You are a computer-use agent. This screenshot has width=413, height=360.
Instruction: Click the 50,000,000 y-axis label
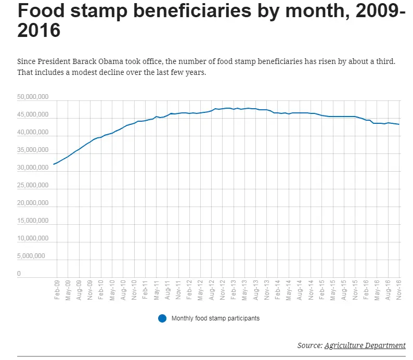pyautogui.click(x=33, y=97)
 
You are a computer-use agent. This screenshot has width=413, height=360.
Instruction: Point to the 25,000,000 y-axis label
pyautogui.click(x=33, y=186)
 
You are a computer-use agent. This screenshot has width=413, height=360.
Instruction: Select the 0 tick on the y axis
pyautogui.click(x=19, y=274)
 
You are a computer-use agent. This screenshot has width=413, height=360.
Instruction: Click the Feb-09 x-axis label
pyautogui.click(x=57, y=289)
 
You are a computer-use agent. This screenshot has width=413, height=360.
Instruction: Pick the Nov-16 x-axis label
pyautogui.click(x=399, y=289)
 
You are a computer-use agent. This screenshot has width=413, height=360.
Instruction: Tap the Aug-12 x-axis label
pyautogui.click(x=212, y=289)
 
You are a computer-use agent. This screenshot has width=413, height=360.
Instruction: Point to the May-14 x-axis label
pyautogui.click(x=289, y=289)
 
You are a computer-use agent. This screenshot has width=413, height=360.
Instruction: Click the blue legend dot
pyautogui.click(x=162, y=318)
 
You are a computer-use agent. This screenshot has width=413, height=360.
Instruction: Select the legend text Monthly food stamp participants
pyautogui.click(x=215, y=318)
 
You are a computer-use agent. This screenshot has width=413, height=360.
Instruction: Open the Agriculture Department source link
pyautogui.click(x=365, y=345)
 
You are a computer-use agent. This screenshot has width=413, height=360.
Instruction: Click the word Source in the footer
pyautogui.click(x=309, y=345)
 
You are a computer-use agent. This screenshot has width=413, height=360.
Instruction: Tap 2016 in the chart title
pyautogui.click(x=39, y=31)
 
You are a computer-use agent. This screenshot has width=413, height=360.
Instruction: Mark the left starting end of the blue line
pyautogui.click(x=53, y=164)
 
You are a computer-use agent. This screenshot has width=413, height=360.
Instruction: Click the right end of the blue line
pyautogui.click(x=399, y=124)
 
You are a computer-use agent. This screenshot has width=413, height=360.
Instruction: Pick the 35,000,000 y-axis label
pyautogui.click(x=33, y=150)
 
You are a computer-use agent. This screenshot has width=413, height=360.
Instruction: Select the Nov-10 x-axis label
pyautogui.click(x=134, y=289)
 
